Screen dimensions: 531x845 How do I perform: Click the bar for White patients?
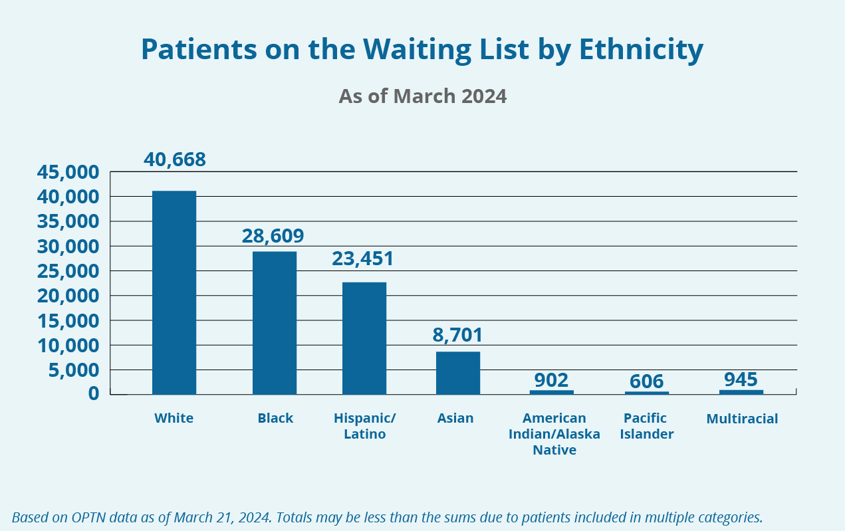point(174,292)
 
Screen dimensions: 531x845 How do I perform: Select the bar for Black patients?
point(275,323)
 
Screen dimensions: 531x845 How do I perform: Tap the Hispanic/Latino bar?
point(364,338)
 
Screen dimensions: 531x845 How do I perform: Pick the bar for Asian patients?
point(458,373)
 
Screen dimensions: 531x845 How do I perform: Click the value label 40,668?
point(175,160)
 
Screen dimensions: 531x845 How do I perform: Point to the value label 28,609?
point(273,236)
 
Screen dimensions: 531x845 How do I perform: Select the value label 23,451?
point(363,259)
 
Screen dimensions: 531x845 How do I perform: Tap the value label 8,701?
point(457,335)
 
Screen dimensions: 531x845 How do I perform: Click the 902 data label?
point(551,380)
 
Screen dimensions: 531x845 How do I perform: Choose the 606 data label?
point(646,381)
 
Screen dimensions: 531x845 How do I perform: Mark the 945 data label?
point(741,379)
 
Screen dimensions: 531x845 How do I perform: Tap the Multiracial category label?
point(742,419)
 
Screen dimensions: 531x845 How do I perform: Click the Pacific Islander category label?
point(648,426)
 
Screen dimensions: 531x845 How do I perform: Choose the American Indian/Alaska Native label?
point(554,434)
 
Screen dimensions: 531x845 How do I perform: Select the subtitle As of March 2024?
point(422,96)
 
